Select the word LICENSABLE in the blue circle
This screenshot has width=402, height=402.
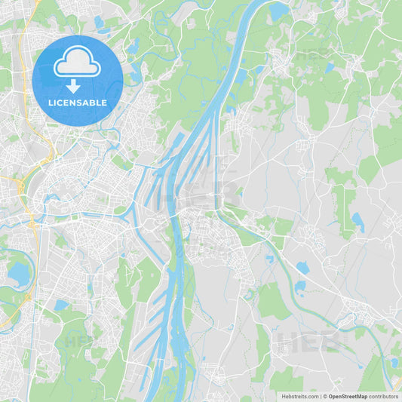coord(77,103)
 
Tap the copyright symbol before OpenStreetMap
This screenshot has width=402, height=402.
coord(324,396)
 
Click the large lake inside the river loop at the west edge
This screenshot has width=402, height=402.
coord(18,273)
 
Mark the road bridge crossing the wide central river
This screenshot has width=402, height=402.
coord(178,216)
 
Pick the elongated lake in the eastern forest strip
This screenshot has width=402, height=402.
coord(358,222)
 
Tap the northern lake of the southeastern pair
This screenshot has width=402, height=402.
coord(302,268)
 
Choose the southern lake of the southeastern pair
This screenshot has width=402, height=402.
coord(300,286)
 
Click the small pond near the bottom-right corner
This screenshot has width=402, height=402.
coord(393,363)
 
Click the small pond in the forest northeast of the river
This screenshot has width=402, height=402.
coord(329,68)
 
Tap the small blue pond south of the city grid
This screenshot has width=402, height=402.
coord(61,305)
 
